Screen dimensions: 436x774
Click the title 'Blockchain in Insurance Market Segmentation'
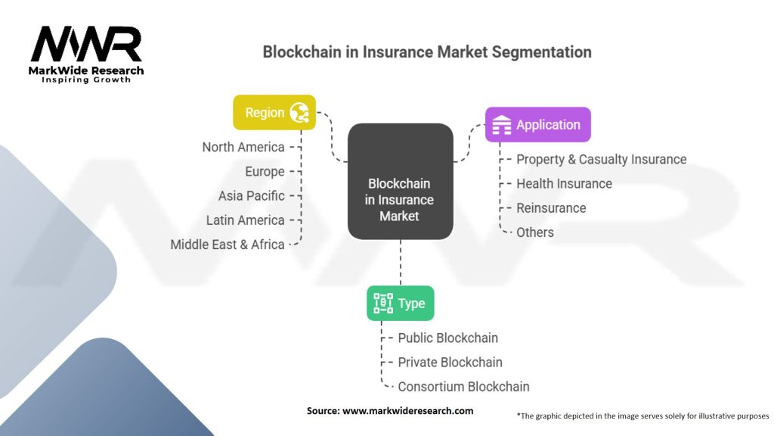pyautogui.click(x=427, y=52)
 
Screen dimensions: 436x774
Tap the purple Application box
pyautogui.click(x=537, y=125)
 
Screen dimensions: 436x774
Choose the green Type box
pyautogui.click(x=400, y=304)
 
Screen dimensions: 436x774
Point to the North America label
pyautogui.click(x=243, y=147)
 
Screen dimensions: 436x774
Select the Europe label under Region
pyautogui.click(x=265, y=171)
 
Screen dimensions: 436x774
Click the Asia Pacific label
pyautogui.click(x=252, y=195)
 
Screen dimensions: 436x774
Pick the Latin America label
pyautogui.click(x=246, y=220)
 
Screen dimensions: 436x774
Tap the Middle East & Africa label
pyautogui.click(x=228, y=244)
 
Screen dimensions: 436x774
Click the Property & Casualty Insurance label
pyautogui.click(x=601, y=159)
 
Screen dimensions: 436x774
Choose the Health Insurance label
pyautogui.click(x=564, y=183)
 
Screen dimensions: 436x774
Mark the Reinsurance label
pyautogui.click(x=551, y=207)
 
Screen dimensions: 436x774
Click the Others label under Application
pyautogui.click(x=535, y=232)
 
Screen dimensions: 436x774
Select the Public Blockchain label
pyautogui.click(x=448, y=338)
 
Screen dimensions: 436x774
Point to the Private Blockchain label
pyautogui.click(x=450, y=362)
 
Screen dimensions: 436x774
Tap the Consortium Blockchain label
pyautogui.click(x=464, y=386)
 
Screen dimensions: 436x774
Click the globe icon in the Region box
pyautogui.click(x=299, y=113)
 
